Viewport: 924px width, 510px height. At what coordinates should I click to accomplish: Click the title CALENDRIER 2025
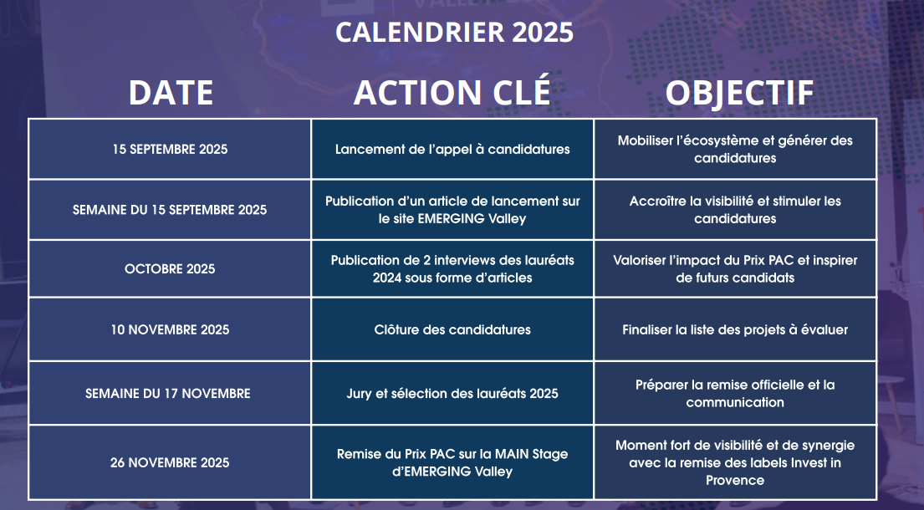pyautogui.click(x=454, y=32)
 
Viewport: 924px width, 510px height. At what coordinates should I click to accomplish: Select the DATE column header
pyautogui.click(x=171, y=93)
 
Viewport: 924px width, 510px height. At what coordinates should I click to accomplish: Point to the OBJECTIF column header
pyautogui.click(x=739, y=94)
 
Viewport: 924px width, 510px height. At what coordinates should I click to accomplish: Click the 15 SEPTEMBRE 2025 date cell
pyautogui.click(x=170, y=149)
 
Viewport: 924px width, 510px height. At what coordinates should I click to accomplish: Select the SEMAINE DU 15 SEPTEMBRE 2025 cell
pyautogui.click(x=170, y=210)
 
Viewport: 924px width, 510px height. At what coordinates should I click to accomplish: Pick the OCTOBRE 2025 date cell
pyautogui.click(x=170, y=268)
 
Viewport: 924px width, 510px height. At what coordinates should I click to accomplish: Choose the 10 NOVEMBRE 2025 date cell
pyautogui.click(x=170, y=329)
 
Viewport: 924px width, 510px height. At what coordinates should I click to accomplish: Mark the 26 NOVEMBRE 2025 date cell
pyautogui.click(x=170, y=462)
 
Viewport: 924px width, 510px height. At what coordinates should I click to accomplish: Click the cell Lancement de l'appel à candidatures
pyautogui.click(x=452, y=150)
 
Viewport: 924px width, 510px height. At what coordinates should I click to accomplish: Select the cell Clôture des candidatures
pyautogui.click(x=452, y=329)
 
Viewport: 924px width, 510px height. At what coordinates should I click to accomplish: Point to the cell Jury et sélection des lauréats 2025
pyautogui.click(x=452, y=394)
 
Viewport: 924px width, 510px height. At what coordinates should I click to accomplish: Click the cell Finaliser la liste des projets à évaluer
pyautogui.click(x=735, y=329)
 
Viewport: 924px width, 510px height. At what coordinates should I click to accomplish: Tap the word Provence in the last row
pyautogui.click(x=735, y=480)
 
